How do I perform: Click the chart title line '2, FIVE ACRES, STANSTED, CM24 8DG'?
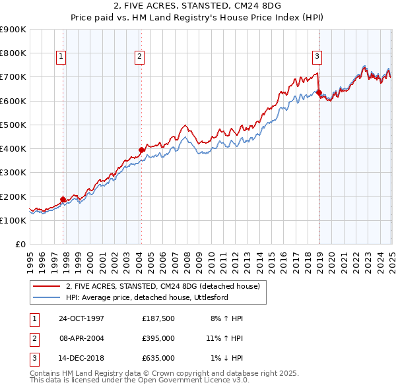[198, 7]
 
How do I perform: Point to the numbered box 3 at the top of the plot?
[317, 57]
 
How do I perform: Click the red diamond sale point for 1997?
[63, 199]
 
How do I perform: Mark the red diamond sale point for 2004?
[141, 150]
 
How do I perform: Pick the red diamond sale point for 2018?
[319, 92]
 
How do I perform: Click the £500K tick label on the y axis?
[13, 125]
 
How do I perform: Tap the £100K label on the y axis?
[13, 220]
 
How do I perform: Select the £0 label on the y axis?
[20, 244]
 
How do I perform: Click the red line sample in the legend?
[48, 286]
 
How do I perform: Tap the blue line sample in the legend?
[48, 297]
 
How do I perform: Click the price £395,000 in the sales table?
[158, 338]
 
